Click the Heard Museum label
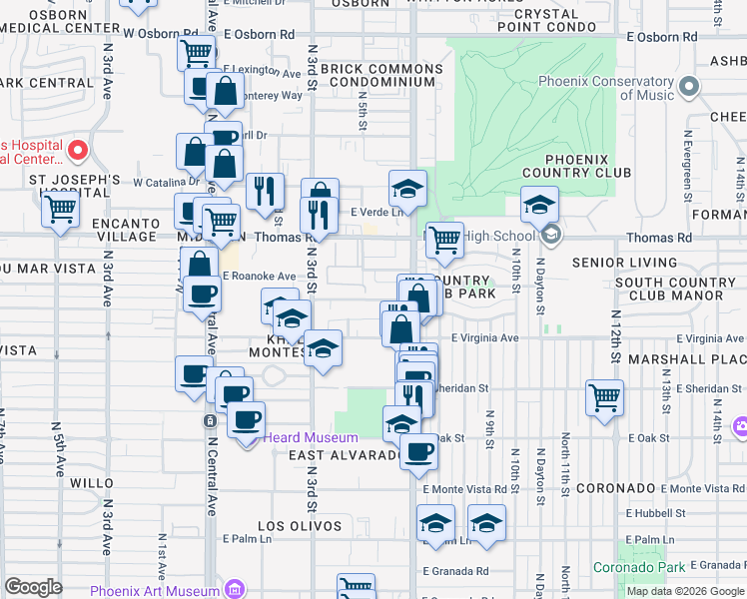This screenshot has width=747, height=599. tap(310, 438)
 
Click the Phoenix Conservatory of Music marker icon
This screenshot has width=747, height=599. tap(688, 89)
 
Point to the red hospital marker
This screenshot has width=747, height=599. tap(78, 152)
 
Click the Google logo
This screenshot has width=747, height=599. tap(33, 587)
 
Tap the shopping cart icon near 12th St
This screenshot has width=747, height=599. tap(604, 397)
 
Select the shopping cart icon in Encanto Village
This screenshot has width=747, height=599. tap(61, 211)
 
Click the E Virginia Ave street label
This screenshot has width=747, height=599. tap(484, 338)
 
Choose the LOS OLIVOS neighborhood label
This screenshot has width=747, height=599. tap(300, 526)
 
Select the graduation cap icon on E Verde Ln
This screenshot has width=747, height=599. tap(407, 187)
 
